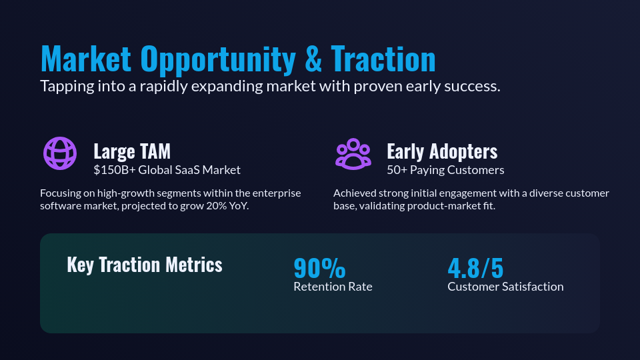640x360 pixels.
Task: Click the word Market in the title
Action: click(86, 59)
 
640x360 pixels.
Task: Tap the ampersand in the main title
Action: click(313, 59)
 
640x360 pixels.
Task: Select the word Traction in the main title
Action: click(383, 59)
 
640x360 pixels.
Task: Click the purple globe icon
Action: click(59, 153)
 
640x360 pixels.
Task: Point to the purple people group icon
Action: click(353, 153)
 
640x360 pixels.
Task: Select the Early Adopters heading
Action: click(442, 151)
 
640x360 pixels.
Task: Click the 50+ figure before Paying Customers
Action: click(396, 170)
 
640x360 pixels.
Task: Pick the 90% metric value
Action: click(319, 268)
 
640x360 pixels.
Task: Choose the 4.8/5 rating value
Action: click(475, 268)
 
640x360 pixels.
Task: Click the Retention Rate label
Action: click(333, 287)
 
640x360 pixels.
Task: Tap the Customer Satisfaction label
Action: click(505, 287)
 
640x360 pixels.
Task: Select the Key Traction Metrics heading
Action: click(145, 265)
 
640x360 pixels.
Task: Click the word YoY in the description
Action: click(238, 206)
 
